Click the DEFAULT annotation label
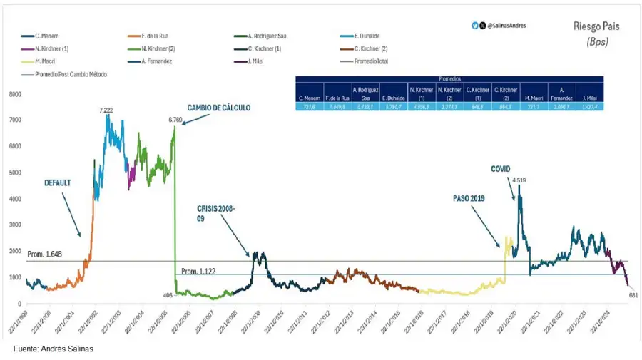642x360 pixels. pos(57,182)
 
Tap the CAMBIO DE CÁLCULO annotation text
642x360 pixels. pos(219,108)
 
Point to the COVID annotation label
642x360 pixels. pos(501,169)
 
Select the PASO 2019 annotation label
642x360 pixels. pos(469,198)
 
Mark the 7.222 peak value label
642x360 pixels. pos(107,110)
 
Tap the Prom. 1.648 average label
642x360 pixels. pos(45,254)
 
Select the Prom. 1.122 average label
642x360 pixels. pos(198,271)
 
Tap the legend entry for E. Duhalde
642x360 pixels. pos(368,35)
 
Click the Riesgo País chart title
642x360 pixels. pos(596,26)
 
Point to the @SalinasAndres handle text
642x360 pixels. pos(506,26)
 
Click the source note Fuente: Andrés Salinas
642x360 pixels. pos(53,349)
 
